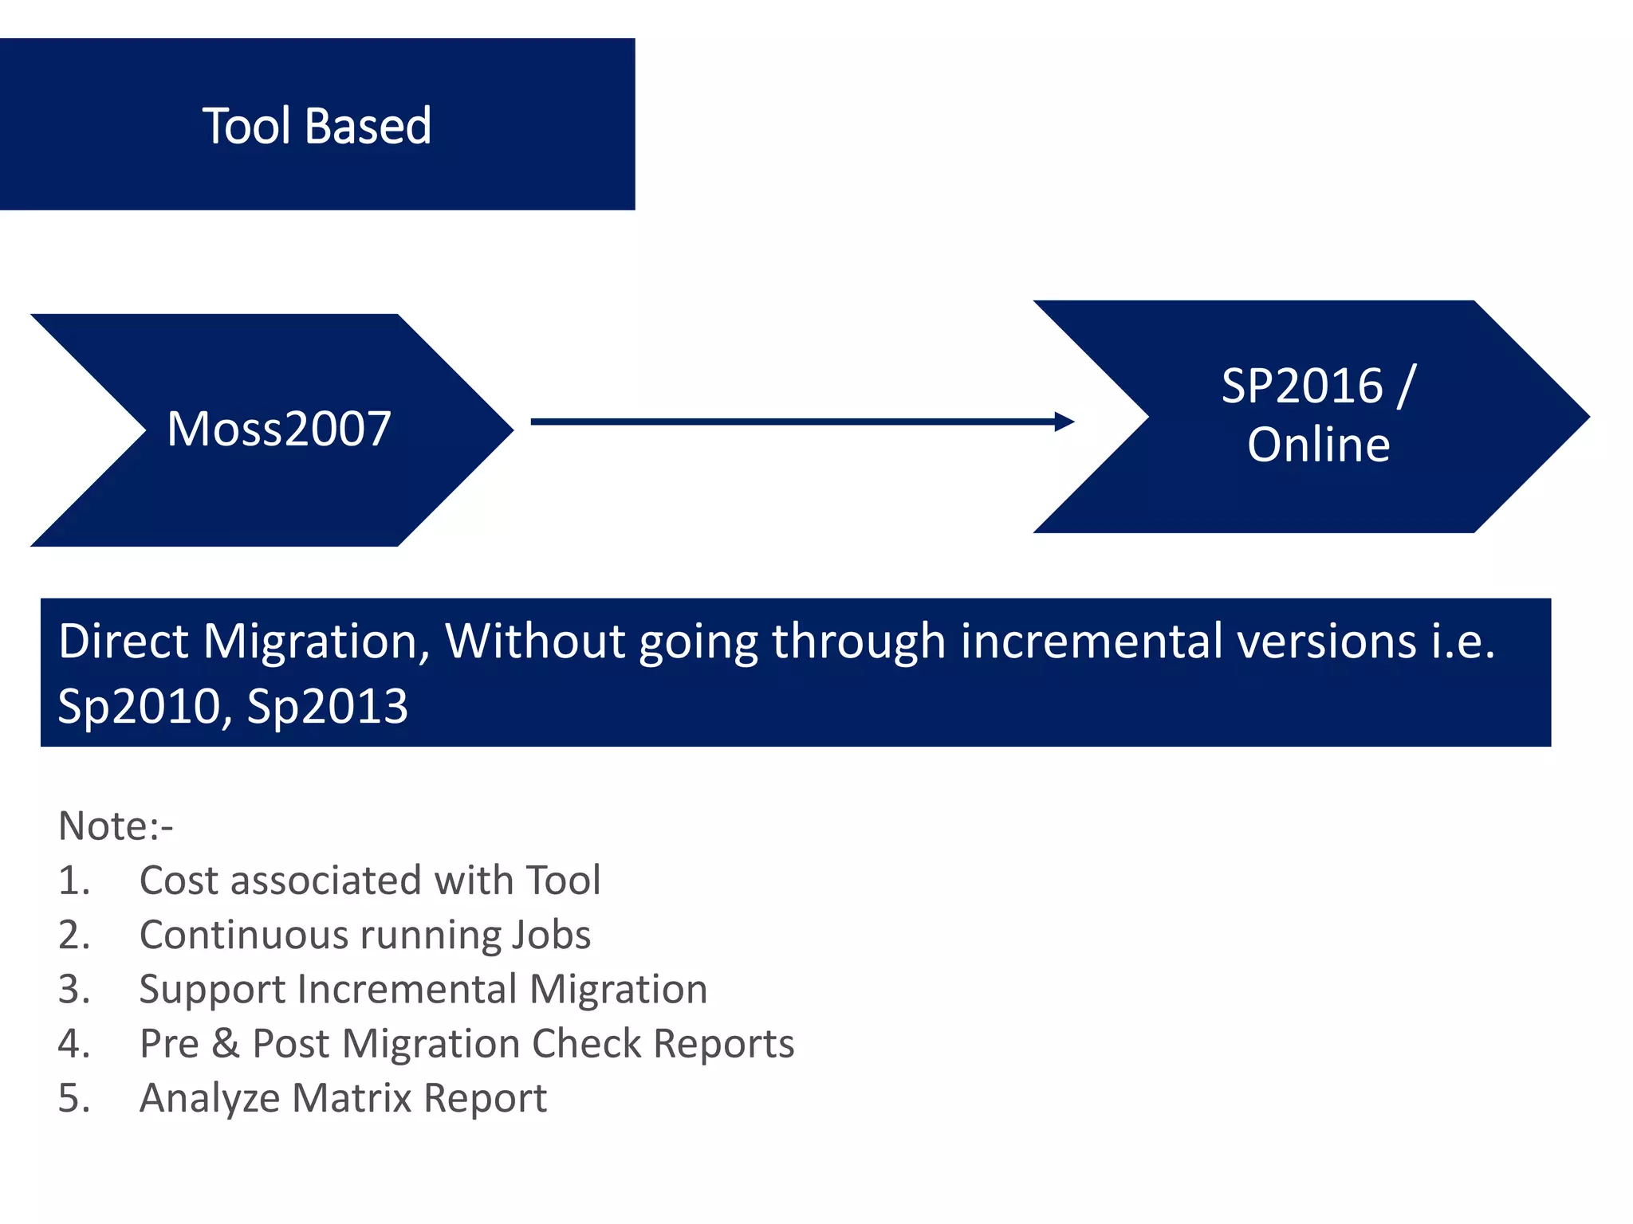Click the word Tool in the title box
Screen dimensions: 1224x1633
246,126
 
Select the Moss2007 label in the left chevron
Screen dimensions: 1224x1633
279,429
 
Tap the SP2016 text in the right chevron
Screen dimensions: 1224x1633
1301,386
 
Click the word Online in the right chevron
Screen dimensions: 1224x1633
1319,445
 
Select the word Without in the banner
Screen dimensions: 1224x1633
533,641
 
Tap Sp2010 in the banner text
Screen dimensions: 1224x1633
141,707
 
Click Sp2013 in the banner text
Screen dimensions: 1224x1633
328,707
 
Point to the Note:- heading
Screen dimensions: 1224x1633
116,826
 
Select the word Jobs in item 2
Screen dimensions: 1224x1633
551,936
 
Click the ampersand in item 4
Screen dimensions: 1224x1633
226,1044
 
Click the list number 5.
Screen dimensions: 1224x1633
72,1099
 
